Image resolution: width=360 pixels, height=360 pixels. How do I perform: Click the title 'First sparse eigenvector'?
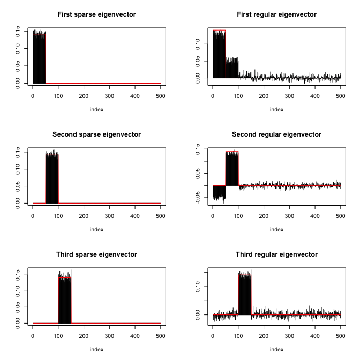[96, 14]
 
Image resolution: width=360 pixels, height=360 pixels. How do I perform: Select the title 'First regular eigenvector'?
[276, 14]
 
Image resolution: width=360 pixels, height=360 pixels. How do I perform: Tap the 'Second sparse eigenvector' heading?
[96, 134]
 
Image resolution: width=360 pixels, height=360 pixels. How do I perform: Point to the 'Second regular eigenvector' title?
[276, 134]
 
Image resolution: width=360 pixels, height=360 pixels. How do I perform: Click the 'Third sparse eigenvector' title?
[96, 254]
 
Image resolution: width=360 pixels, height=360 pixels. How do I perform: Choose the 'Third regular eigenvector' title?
[276, 254]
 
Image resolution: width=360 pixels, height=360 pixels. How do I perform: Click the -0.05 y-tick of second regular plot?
[197, 198]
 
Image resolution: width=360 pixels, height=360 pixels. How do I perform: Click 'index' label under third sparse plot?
[96, 349]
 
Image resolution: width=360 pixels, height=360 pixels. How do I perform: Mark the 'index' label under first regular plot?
[276, 109]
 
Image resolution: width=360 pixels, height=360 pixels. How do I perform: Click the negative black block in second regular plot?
[219, 192]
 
